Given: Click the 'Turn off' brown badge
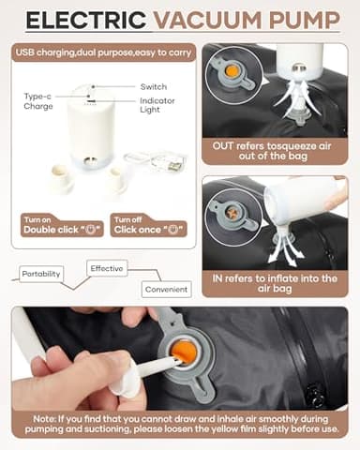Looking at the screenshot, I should [130, 218].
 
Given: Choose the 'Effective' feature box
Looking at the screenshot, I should [108, 268].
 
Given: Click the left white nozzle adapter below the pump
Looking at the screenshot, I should [61, 179].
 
